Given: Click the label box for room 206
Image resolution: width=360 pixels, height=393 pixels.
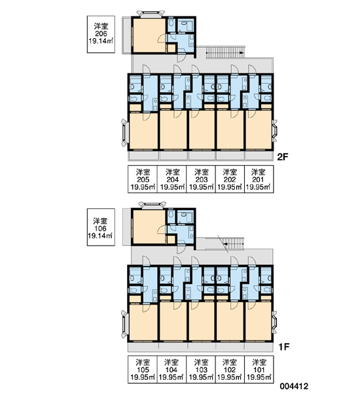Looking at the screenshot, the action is pyautogui.click(x=101, y=34).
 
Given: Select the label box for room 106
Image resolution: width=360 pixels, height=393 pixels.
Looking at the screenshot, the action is pyautogui.click(x=101, y=227).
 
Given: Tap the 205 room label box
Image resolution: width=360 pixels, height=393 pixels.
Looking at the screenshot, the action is pyautogui.click(x=143, y=179).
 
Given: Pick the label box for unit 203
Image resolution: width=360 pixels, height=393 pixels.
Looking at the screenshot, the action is pyautogui.click(x=201, y=179).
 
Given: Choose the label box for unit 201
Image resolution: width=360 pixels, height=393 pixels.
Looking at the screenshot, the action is pyautogui.click(x=259, y=179).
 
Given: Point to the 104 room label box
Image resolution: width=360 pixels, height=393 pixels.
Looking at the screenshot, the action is pyautogui.click(x=171, y=369).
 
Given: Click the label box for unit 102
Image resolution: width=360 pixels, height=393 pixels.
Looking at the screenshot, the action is pyautogui.click(x=230, y=369).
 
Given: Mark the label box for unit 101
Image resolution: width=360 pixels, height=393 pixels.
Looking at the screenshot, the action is pyautogui.click(x=259, y=369).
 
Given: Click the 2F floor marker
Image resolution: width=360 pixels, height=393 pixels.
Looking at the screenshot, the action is pyautogui.click(x=283, y=157).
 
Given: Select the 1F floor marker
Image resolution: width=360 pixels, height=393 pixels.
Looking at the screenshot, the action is pyautogui.click(x=284, y=347).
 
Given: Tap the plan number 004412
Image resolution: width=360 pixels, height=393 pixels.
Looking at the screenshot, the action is pyautogui.click(x=294, y=386).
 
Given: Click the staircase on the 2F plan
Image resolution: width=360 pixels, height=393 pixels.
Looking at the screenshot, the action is pyautogui.click(x=225, y=52).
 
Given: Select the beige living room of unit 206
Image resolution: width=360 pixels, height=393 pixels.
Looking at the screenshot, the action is pyautogui.click(x=149, y=35).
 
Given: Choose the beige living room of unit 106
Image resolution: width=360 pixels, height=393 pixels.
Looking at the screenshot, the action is pyautogui.click(x=149, y=227).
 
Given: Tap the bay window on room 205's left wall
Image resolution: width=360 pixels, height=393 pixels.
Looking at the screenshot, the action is pyautogui.click(x=125, y=133).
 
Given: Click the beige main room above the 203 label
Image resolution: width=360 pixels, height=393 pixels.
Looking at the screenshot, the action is pyautogui.click(x=202, y=130).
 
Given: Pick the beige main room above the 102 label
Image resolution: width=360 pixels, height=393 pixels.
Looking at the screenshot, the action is pyautogui.click(x=230, y=321).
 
